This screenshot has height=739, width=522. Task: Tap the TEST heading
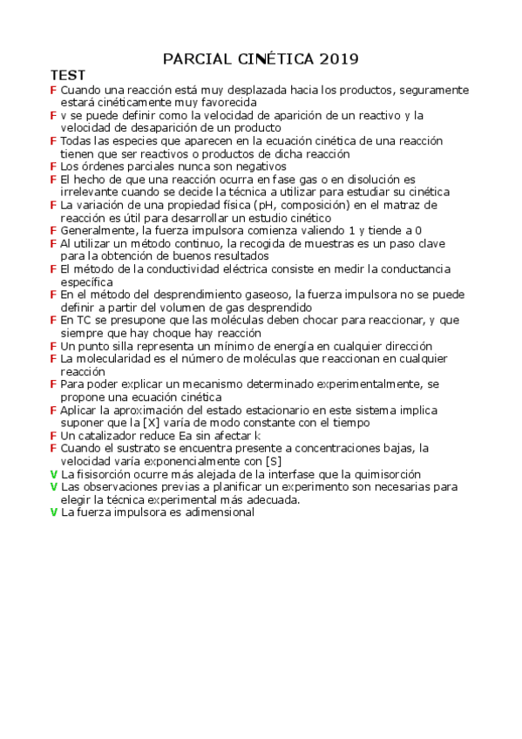click(x=67, y=76)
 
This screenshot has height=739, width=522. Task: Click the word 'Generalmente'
click(x=93, y=230)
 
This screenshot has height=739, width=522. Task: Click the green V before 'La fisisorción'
click(x=54, y=473)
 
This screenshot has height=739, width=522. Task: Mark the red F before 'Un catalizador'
click(x=54, y=435)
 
